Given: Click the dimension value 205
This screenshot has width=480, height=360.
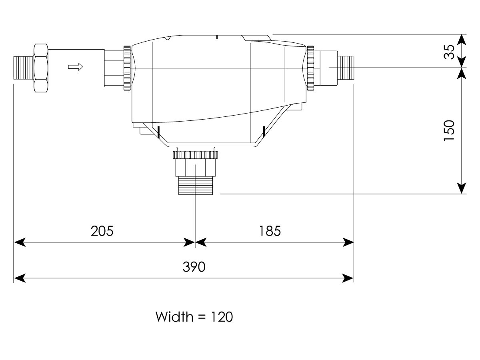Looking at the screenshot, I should pos(102,231).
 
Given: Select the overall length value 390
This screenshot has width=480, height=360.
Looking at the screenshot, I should pos(194,267).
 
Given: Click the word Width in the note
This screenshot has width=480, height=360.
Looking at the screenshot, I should pos(174,317).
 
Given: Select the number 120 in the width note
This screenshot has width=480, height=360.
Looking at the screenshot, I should pos(219,317).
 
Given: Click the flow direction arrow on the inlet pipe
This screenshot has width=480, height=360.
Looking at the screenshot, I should pos(75,67).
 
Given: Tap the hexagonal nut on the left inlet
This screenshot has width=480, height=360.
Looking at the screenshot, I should pos(41,68).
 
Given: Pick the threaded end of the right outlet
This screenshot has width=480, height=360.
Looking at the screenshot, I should pos(347,68).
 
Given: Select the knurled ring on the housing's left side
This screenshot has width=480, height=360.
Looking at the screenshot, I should pos(127,68).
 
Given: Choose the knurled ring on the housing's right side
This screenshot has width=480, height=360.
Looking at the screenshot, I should pos(310,68).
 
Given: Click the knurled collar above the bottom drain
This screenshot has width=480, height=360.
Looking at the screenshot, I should pos(195,155).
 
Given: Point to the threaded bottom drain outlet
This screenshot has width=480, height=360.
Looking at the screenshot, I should pos(195,186).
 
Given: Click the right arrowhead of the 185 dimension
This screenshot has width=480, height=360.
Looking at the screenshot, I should pos(349,242).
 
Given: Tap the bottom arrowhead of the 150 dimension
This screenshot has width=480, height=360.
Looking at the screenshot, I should pos(462,188).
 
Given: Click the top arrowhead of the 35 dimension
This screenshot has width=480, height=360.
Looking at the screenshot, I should pos(462,40).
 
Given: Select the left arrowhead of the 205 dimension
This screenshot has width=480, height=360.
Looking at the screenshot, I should pos(19,242).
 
